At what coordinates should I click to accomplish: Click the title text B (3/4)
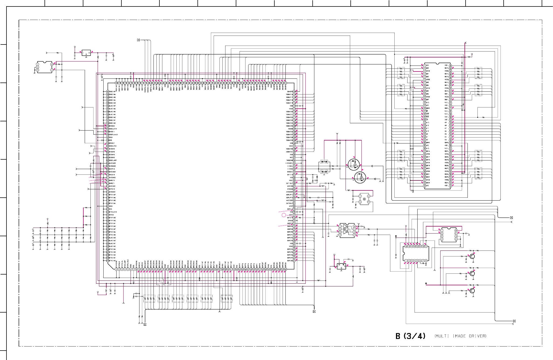point(410,336)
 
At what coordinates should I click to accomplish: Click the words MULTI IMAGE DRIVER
point(460,336)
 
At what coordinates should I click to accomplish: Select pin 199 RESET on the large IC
point(108,143)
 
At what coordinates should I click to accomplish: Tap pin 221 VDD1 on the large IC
point(108,206)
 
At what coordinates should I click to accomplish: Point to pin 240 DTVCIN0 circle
point(108,261)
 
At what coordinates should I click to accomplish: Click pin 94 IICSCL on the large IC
point(294,166)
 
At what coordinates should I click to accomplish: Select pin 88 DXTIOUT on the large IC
point(294,183)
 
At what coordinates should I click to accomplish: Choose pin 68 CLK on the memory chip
point(450,117)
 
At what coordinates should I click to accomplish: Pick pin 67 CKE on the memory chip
point(450,120)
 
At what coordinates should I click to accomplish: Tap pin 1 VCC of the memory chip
point(425,65)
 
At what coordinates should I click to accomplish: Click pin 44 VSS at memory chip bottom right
point(450,186)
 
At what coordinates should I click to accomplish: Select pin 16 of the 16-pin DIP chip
point(406,246)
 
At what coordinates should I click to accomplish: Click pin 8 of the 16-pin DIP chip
point(426,261)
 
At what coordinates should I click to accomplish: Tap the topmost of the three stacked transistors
point(472,256)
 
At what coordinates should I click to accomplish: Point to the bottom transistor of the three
point(472,291)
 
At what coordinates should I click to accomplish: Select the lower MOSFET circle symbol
point(360,177)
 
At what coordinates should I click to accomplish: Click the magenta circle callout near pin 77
point(284,215)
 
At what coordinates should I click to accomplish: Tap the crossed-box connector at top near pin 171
point(138,40)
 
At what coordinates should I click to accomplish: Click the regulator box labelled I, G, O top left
point(86,53)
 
